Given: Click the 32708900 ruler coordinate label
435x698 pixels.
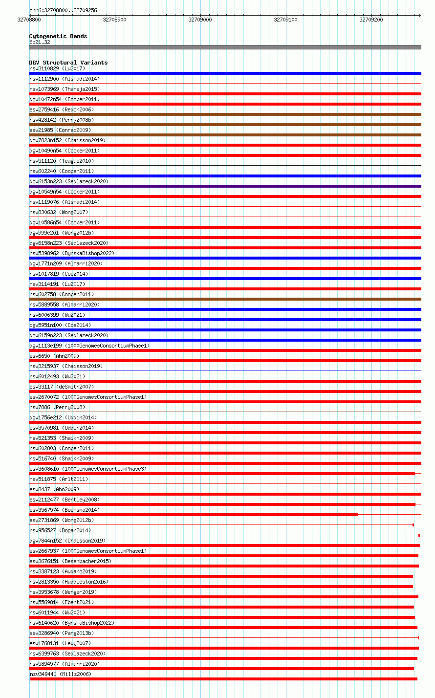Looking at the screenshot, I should (114, 20).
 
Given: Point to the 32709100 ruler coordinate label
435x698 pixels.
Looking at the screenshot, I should (285, 20).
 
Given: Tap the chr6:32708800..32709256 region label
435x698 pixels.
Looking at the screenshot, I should (63, 10).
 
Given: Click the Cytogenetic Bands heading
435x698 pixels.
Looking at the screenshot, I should (58, 36).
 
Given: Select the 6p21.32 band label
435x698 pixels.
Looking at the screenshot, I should (40, 42).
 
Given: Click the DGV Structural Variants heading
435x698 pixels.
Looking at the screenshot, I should (68, 63).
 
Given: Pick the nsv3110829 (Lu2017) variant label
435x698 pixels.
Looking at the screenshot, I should (57, 68).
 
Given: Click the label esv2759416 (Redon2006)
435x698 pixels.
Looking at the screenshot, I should (62, 109).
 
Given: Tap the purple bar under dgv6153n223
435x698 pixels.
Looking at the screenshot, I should (225, 186).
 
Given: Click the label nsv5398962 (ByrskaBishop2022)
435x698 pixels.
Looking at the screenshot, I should (72, 253).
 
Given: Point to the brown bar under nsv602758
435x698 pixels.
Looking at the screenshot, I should (225, 299).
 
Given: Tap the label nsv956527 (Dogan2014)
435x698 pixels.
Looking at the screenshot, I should (60, 530).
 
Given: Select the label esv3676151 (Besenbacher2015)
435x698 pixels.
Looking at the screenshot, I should (70, 561).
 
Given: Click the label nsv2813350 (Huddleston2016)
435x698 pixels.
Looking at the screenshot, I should (69, 582).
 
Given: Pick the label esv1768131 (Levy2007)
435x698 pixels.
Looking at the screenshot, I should (60, 643).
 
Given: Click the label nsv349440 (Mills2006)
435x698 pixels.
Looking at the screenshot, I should (60, 674).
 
